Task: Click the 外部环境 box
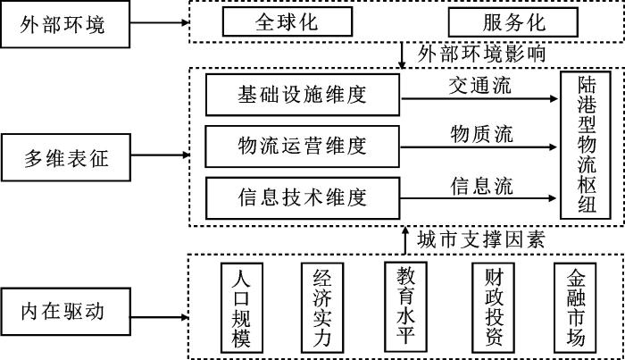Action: click(x=63, y=23)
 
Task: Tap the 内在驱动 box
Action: click(x=63, y=313)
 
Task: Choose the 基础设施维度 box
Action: click(x=303, y=95)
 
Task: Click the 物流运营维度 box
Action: click(x=303, y=144)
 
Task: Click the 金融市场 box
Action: click(x=576, y=307)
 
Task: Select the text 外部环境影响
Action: click(x=482, y=54)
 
